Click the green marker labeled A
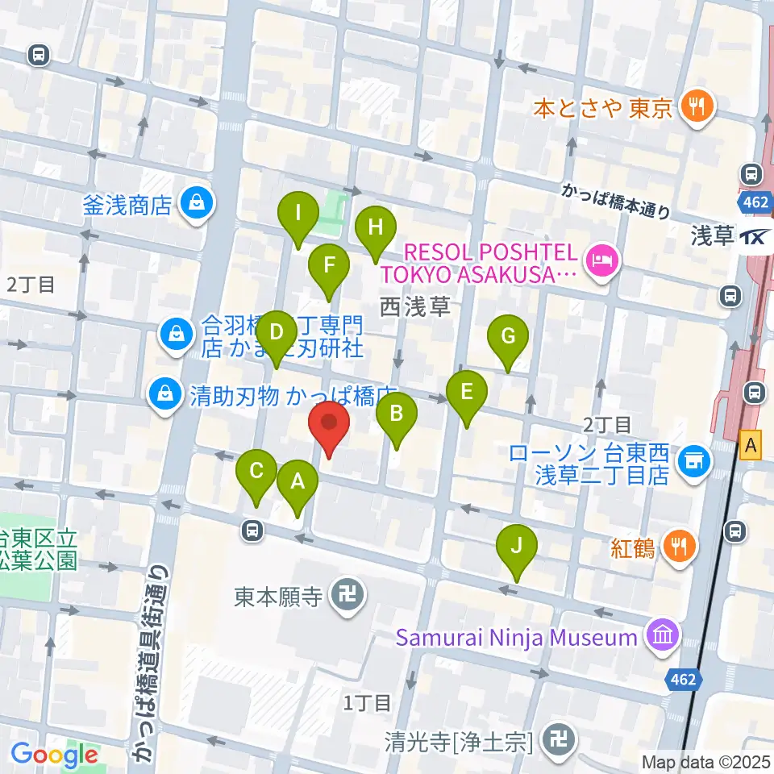297,484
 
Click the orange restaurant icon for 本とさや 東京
693,107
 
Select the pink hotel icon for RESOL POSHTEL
601,260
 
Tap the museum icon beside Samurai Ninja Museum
663,637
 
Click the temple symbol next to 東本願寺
348,597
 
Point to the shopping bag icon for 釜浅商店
196,205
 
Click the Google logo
54,755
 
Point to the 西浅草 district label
414,307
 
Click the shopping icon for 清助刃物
164,395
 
